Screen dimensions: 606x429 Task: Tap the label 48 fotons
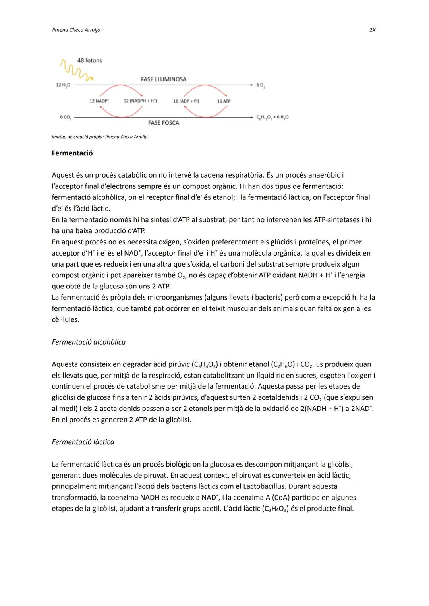pyautogui.click(x=89, y=60)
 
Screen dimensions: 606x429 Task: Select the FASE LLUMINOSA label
pyautogui.click(x=163, y=79)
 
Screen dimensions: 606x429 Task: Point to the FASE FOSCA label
pyautogui.click(x=163, y=123)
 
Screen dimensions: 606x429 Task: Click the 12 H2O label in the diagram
pyautogui.click(x=63, y=85)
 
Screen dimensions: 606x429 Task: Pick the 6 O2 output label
pyautogui.click(x=261, y=85)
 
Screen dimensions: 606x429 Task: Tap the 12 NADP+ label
pyautogui.click(x=99, y=101)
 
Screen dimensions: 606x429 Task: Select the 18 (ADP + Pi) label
pyautogui.click(x=186, y=101)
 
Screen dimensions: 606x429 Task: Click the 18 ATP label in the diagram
pyautogui.click(x=224, y=101)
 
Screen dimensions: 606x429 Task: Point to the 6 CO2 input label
pyautogui.click(x=65, y=117)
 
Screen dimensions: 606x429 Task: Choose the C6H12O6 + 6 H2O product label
pyautogui.click(x=272, y=117)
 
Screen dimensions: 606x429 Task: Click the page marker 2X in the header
pyautogui.click(x=372, y=30)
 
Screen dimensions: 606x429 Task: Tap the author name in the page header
pyautogui.click(x=76, y=30)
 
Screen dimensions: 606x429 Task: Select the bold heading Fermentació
pyautogui.click(x=72, y=153)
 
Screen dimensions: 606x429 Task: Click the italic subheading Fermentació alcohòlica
pyautogui.click(x=89, y=342)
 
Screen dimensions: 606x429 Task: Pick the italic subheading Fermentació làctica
pyautogui.click(x=83, y=442)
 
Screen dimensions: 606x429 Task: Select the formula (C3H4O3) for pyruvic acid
pyautogui.click(x=205, y=364)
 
